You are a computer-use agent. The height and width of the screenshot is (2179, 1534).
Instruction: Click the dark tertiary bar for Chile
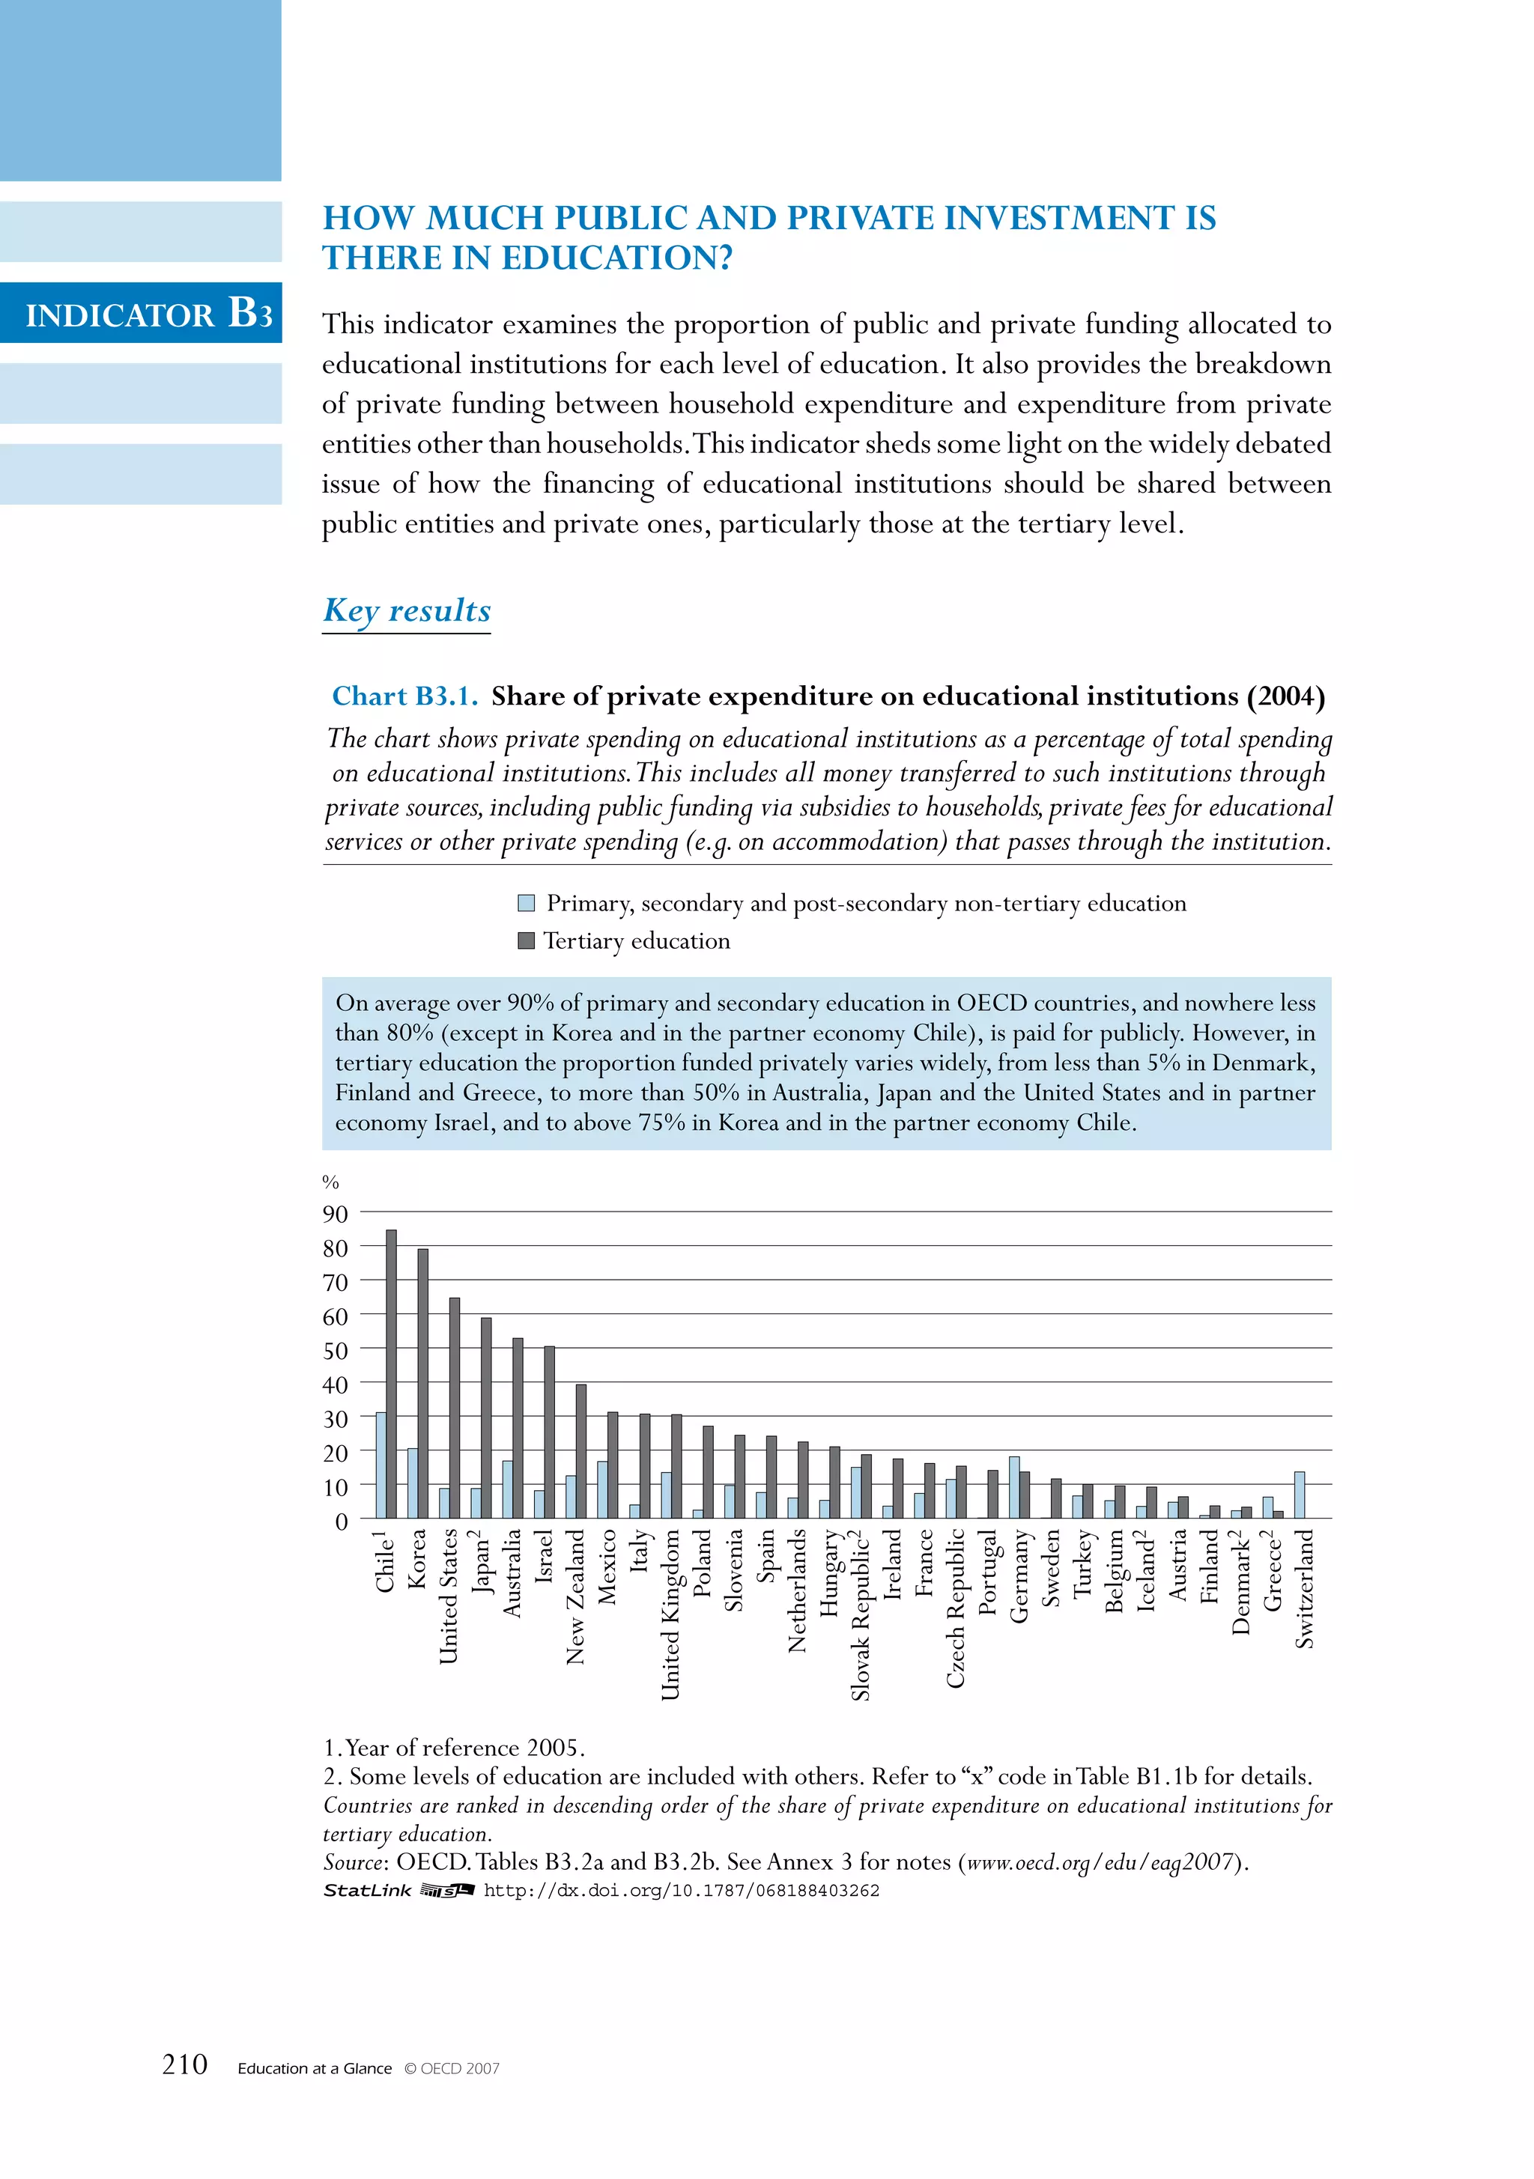click(391, 1374)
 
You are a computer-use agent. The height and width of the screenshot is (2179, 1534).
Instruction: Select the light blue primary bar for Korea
click(412, 1483)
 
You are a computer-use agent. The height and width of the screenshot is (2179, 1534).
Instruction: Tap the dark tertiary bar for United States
click(455, 1408)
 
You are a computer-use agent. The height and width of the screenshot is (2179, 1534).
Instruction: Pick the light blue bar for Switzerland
click(1300, 1495)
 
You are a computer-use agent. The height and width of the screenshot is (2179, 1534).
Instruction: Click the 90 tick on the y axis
click(335, 1215)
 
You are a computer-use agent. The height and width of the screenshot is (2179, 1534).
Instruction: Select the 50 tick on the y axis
click(335, 1351)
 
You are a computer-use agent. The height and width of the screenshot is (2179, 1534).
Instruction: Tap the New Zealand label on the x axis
click(575, 1596)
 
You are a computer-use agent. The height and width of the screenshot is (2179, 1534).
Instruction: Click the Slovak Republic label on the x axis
click(860, 1614)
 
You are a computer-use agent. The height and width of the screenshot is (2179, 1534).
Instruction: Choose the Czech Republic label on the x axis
click(955, 1608)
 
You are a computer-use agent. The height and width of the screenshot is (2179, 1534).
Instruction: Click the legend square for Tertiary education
click(526, 940)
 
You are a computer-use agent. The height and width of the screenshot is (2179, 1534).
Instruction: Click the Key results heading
click(407, 610)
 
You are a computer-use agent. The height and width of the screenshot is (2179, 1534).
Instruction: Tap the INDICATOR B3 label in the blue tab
click(149, 313)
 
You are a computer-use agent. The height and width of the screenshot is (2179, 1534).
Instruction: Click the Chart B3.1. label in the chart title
click(405, 696)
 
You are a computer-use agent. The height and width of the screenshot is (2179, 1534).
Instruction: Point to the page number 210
click(185, 2065)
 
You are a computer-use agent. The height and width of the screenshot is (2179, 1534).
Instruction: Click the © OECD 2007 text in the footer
click(452, 2069)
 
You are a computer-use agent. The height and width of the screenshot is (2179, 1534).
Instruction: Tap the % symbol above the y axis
click(330, 1182)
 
